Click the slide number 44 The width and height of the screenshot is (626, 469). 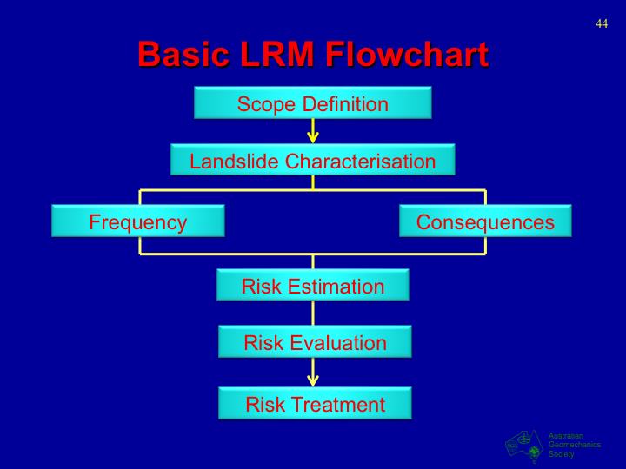click(602, 23)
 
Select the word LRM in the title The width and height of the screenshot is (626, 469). click(276, 55)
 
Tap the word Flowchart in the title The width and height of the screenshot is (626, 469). click(406, 55)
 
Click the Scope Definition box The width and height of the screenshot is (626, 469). click(313, 103)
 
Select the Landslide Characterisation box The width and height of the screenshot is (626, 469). click(313, 161)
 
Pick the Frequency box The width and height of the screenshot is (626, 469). click(138, 221)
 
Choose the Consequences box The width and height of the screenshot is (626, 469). click(485, 221)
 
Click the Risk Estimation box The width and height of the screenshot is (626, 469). click(313, 286)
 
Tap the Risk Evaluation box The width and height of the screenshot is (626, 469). click(315, 342)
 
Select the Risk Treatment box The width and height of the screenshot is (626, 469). click(315, 404)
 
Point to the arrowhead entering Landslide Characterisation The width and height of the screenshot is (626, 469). click(313, 137)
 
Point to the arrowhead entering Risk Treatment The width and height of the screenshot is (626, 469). click(313, 380)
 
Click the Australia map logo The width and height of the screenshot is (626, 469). click(524, 445)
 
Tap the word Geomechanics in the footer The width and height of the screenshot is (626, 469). click(574, 445)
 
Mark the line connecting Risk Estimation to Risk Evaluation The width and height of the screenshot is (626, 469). click(313, 314)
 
